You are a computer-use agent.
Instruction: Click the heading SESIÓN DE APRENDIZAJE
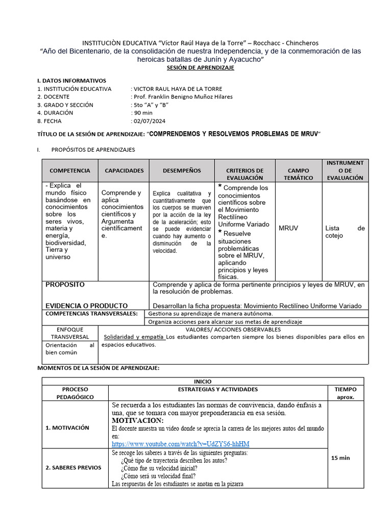pos(201,68)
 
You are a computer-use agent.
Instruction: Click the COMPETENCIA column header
pos(69,171)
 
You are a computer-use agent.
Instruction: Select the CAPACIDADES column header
pos(124,171)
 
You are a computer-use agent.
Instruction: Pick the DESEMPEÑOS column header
pos(182,171)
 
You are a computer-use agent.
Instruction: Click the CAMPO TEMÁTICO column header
pos(299,174)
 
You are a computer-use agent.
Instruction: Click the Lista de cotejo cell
pos(345,232)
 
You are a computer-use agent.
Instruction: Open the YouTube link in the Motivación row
pos(181,444)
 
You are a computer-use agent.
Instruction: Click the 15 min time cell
pos(340,458)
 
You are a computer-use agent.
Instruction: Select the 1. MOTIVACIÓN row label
pos(67,428)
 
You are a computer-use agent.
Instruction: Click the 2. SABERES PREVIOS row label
pos(73,468)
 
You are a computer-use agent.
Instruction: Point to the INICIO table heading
pos(203,381)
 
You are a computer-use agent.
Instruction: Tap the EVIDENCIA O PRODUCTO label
pos(87,305)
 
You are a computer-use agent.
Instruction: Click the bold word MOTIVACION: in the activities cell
pos(137,420)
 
